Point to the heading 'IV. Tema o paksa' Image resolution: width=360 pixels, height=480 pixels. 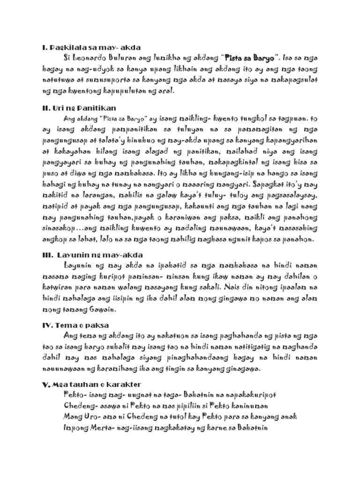(x=75, y=324)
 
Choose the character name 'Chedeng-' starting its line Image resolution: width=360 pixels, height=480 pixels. (x=77, y=405)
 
